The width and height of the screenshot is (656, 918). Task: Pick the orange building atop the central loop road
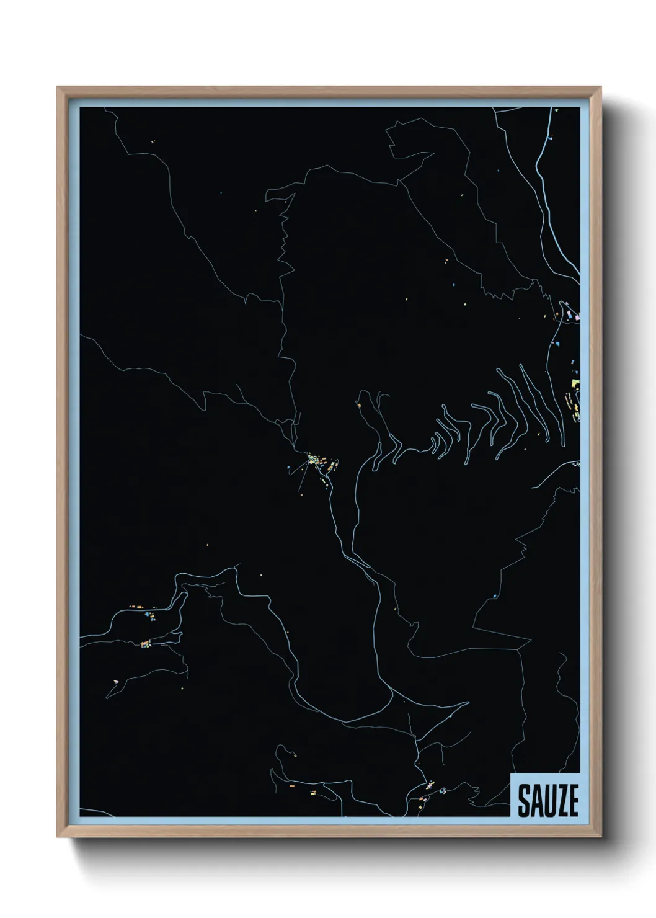pyautogui.click(x=358, y=405)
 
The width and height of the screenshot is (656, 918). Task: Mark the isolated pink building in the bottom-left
pyautogui.click(x=115, y=682)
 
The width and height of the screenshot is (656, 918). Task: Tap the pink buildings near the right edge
pyautogui.click(x=576, y=317)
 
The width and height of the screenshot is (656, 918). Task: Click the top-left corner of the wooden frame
pyautogui.click(x=58, y=87)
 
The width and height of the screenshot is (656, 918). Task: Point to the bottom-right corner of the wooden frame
pyautogui.click(x=601, y=837)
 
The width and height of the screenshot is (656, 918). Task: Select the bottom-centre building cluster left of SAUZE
pyautogui.click(x=428, y=796)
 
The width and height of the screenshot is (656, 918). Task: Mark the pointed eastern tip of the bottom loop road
pyautogui.click(x=468, y=703)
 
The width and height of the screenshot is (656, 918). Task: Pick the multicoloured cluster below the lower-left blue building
pyautogui.click(x=146, y=644)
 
